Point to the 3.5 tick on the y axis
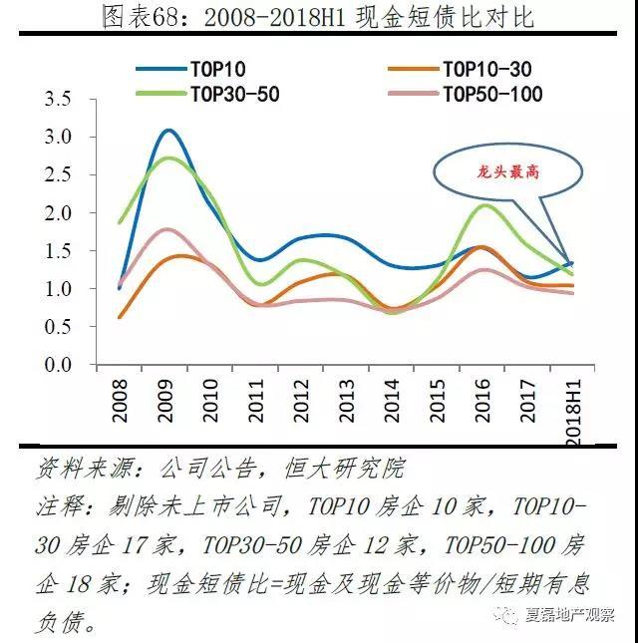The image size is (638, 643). tap(59, 100)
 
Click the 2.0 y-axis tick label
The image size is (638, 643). tap(59, 213)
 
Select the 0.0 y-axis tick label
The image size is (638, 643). tap(59, 366)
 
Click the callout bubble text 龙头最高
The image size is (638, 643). tap(506, 171)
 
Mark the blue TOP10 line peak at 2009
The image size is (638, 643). tap(168, 130)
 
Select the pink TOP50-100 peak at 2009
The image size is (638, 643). tap(168, 229)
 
